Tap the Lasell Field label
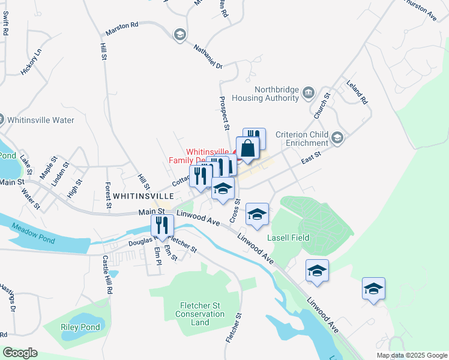288,238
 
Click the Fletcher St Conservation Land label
200,314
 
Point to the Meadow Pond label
36,240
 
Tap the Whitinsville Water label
41,120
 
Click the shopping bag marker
247,148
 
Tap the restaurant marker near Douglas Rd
162,226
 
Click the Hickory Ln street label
31,61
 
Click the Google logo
20,353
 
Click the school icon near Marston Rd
179,35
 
